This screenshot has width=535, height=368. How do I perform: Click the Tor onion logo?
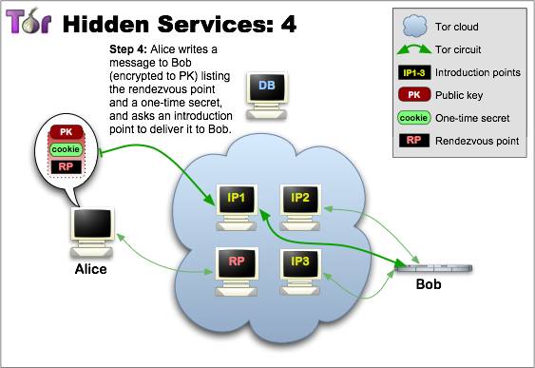[29, 21]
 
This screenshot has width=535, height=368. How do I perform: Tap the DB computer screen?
[267, 86]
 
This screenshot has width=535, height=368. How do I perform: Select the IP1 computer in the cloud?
[237, 207]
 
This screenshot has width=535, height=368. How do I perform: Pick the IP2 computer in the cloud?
[300, 207]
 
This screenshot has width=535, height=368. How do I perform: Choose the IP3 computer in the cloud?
[300, 272]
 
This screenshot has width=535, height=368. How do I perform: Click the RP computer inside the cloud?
[237, 272]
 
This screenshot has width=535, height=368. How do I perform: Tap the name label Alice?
[91, 269]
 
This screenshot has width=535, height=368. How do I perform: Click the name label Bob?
[429, 284]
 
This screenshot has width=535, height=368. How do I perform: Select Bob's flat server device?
[433, 268]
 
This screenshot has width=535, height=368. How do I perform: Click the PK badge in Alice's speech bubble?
[67, 132]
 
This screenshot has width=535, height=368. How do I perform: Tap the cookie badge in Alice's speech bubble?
[66, 149]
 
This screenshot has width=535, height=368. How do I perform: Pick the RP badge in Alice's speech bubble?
[66, 166]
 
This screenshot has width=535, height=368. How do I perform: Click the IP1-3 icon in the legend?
[414, 72]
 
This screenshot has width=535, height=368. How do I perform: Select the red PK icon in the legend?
[414, 95]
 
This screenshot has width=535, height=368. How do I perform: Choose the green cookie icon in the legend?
[414, 118]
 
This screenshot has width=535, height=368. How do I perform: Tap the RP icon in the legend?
[414, 141]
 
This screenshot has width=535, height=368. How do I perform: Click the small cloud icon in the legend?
[414, 26]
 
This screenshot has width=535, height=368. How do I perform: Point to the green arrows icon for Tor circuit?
[414, 49]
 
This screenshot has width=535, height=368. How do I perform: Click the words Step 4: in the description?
[128, 49]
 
